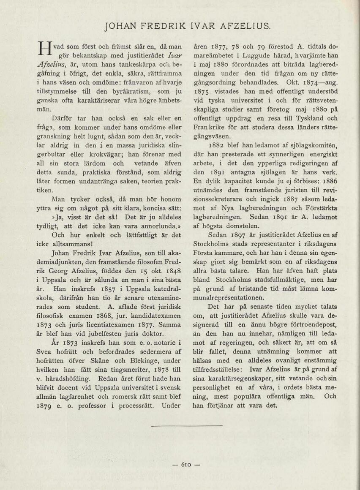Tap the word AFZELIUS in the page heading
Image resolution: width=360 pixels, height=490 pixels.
pos(245,26)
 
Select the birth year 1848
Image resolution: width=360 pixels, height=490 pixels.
pos(173,271)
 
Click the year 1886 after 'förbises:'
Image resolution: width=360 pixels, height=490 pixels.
pos(329,181)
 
